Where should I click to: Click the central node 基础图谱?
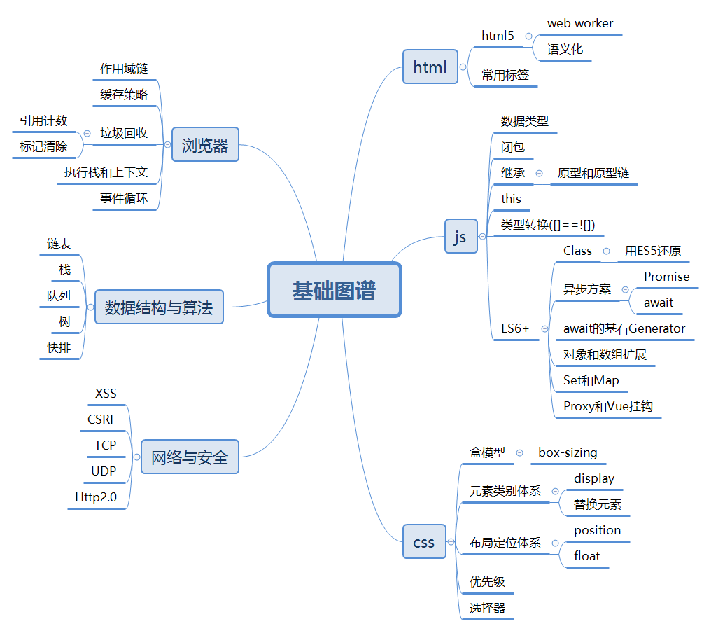334,290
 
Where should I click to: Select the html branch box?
430,67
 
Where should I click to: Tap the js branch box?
460,237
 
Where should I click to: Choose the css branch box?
424,542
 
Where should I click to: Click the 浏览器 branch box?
205,145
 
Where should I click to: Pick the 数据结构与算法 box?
159,307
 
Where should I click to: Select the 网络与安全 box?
190,457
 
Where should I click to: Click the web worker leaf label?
579,23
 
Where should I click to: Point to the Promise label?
666,277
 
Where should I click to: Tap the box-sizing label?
568,452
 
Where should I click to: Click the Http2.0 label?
96,497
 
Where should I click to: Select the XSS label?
106,394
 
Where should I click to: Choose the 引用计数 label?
43,120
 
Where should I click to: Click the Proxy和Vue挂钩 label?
607,406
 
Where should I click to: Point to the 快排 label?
59,347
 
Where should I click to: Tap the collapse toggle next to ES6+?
544,328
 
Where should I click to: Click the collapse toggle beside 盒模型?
519,453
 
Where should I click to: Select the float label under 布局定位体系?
586,556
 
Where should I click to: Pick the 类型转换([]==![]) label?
548,225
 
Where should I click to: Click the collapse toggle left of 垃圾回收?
87,133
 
